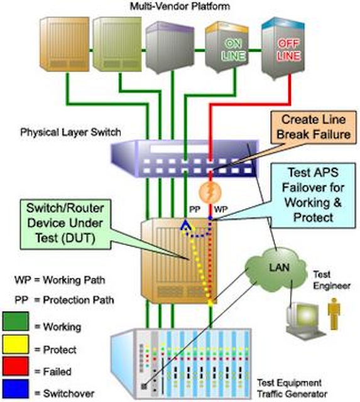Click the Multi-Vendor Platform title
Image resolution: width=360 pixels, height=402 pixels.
point(180,6)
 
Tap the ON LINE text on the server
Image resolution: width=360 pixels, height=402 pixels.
point(234,50)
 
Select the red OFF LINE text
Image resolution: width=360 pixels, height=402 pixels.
point(289,50)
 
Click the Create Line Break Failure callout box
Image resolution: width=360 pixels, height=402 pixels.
point(314,127)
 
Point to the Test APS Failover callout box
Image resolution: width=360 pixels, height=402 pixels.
point(313,195)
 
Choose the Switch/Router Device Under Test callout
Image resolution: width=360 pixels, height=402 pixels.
point(65,224)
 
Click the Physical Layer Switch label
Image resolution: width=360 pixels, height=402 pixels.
point(70,133)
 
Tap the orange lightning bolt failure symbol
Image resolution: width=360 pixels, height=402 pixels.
point(210,192)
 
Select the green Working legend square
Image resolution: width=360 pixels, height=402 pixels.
point(15,321)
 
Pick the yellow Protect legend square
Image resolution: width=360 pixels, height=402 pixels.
point(15,344)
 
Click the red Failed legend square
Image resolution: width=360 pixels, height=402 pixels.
point(15,366)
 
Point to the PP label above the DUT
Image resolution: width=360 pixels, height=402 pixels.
point(195,209)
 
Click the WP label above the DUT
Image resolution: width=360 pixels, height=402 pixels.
point(221,209)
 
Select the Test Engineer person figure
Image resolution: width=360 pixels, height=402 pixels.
point(334,314)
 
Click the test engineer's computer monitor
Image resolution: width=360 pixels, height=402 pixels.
point(303,315)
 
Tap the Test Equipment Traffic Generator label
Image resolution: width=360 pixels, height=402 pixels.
point(292,388)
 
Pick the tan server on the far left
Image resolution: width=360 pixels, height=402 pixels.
point(65,44)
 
